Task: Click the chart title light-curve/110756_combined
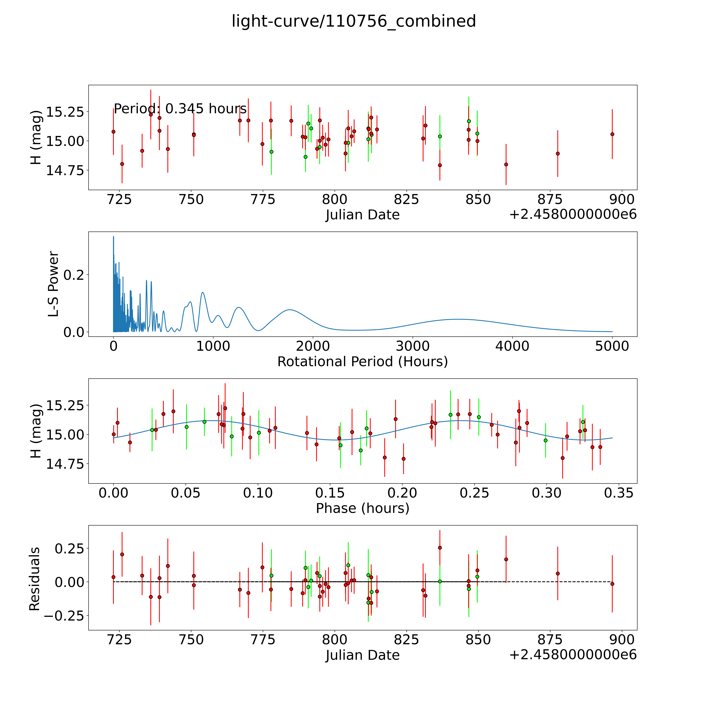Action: (354, 21)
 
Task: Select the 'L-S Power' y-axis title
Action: (53, 284)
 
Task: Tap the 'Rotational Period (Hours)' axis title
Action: (362, 362)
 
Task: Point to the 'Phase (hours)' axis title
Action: (362, 508)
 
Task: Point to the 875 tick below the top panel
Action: (550, 200)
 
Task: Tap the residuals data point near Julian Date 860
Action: (506, 559)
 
